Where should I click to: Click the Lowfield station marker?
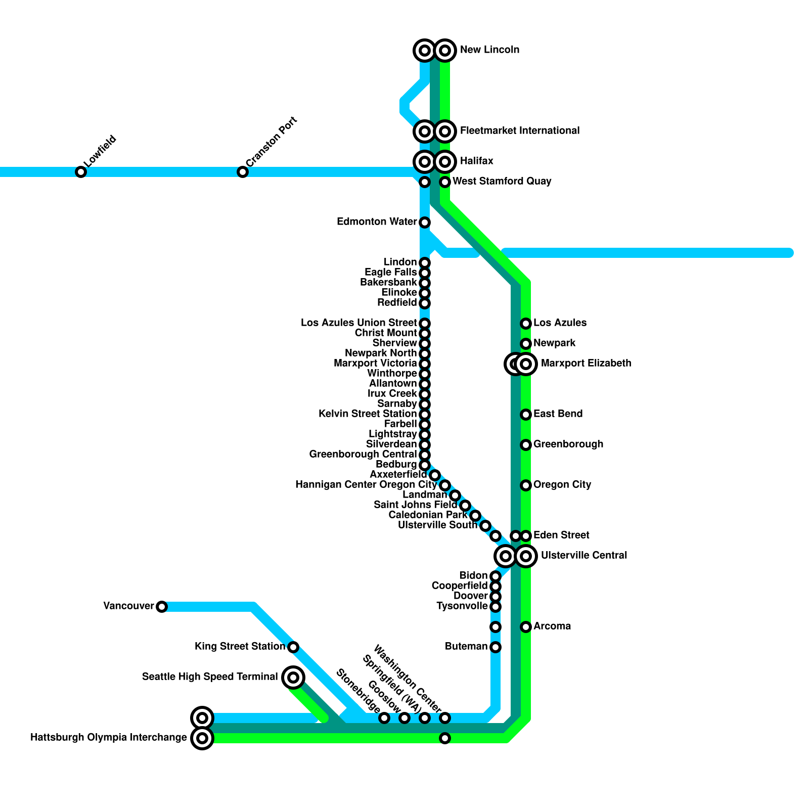pyautogui.click(x=81, y=172)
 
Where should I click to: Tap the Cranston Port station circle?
pyautogui.click(x=243, y=172)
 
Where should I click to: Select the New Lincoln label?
pyautogui.click(x=489, y=50)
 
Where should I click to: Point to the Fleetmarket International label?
pyautogui.click(x=519, y=131)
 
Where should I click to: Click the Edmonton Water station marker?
pyautogui.click(x=425, y=222)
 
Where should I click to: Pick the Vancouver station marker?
pyautogui.click(x=162, y=607)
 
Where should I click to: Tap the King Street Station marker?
pyautogui.click(x=293, y=647)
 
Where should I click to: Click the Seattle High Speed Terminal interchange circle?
pyautogui.click(x=293, y=678)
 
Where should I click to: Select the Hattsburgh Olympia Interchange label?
pyautogui.click(x=109, y=738)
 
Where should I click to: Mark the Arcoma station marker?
pyautogui.click(x=526, y=627)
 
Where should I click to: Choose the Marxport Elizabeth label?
pyautogui.click(x=586, y=364)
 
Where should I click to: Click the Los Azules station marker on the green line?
pyautogui.click(x=526, y=324)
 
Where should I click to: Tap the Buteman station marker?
pyautogui.click(x=496, y=647)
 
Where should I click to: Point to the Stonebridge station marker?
pyautogui.click(x=384, y=718)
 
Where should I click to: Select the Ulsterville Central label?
pyautogui.click(x=583, y=556)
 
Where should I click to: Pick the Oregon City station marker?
pyautogui.click(x=526, y=485)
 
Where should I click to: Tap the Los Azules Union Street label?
pyautogui.click(x=358, y=323)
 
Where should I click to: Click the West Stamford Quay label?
pyautogui.click(x=502, y=182)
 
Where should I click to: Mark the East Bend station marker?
pyautogui.click(x=526, y=415)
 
